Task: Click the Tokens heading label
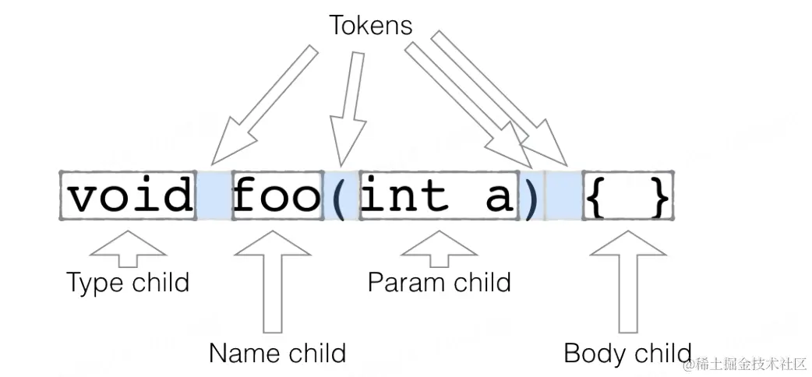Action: [x=370, y=26]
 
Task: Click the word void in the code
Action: [x=129, y=195]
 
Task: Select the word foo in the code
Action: [x=277, y=195]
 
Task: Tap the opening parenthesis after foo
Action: [x=337, y=196]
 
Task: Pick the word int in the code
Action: [x=404, y=195]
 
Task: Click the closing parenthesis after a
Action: [x=530, y=196]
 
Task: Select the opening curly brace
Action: [x=595, y=196]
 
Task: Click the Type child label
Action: [x=128, y=282]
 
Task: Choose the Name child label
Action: [x=277, y=353]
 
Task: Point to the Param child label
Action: [x=439, y=282]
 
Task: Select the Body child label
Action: [x=627, y=353]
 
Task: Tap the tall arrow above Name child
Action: [x=272, y=280]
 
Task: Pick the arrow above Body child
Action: [x=628, y=280]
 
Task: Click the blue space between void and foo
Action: [x=214, y=195]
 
